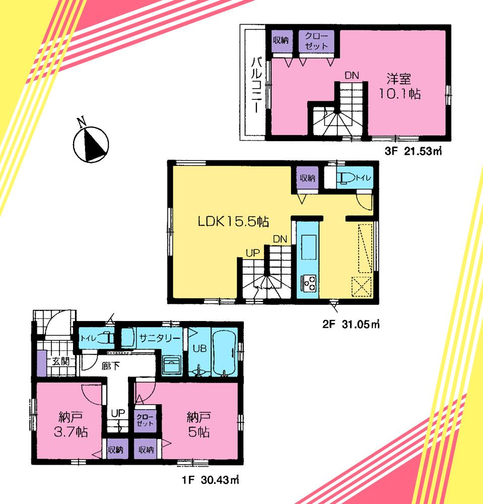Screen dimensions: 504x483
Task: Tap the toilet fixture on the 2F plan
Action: pyautogui.click(x=347, y=178)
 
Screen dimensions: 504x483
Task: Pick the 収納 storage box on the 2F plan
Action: pyautogui.click(x=307, y=178)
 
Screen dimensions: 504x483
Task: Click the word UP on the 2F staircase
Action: pyautogui.click(x=252, y=250)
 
